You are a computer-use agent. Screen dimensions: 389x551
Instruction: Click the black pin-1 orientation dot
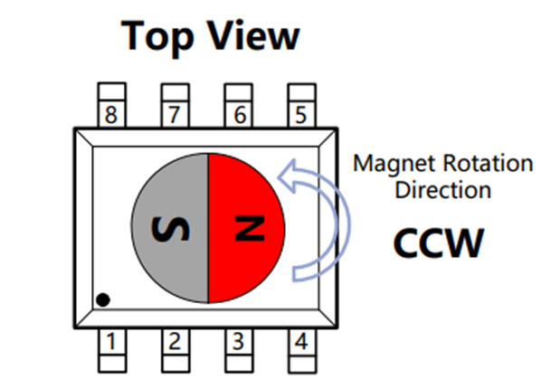point(104,299)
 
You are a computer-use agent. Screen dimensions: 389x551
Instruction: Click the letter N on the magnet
point(245,227)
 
